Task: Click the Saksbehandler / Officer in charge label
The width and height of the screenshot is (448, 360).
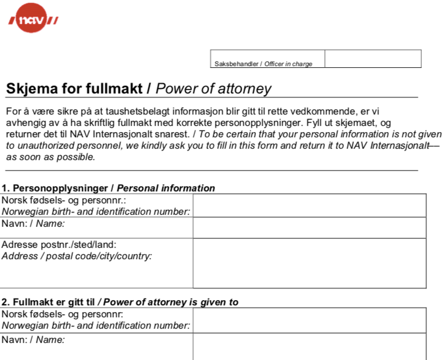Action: pos(263,64)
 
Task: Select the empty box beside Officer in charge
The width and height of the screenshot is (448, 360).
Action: pos(373,59)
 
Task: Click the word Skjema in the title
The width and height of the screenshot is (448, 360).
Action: pos(28,89)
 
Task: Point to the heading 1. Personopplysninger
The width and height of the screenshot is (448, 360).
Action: pos(57,188)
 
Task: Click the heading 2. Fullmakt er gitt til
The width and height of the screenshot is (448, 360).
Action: pos(49,302)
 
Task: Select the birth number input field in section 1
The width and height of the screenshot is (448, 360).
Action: pos(309,206)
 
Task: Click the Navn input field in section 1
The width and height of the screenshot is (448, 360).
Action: pos(309,228)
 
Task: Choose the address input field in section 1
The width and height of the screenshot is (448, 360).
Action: pos(309,263)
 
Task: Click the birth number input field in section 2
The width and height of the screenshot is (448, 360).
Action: pos(309,320)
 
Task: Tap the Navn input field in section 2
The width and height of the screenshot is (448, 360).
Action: pos(309,346)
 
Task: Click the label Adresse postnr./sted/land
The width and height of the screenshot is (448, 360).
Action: pos(55,245)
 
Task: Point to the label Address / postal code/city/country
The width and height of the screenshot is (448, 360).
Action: pos(77,256)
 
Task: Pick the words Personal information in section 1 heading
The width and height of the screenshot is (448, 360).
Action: pos(166,188)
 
